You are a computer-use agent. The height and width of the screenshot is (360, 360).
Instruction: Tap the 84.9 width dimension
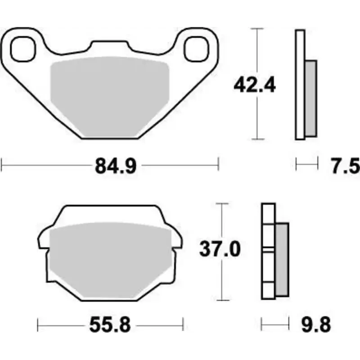pos(115,166)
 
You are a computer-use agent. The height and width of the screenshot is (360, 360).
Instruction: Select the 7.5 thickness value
pos(346,166)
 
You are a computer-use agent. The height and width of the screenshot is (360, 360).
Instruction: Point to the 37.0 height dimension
pos(220,249)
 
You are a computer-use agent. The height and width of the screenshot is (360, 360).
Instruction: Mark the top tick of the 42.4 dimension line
pos(256,28)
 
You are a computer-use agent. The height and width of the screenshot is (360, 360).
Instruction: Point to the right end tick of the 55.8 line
pos(183,324)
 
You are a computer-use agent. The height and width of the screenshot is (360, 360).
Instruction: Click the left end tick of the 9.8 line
pos(262,324)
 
